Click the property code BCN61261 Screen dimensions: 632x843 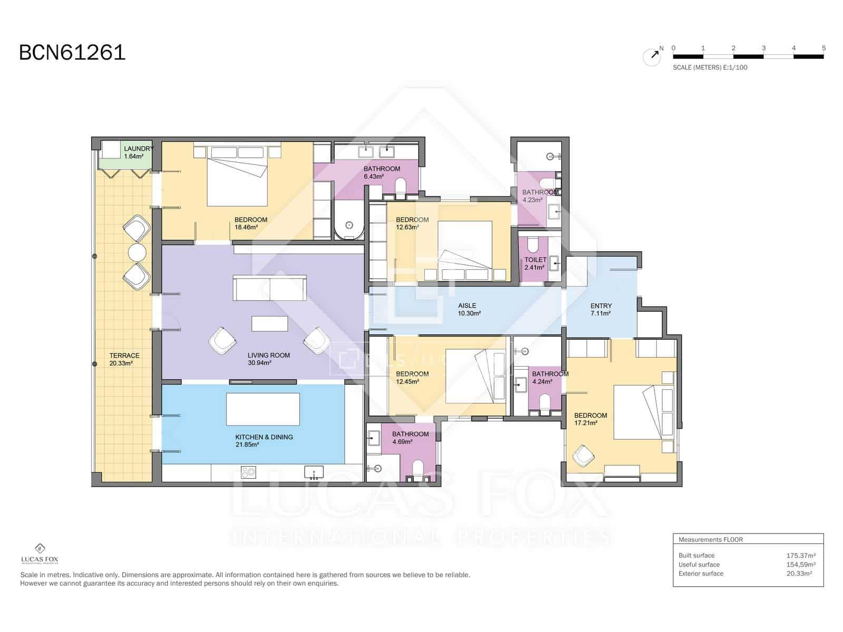click(72, 53)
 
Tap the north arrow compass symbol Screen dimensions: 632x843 click(652, 56)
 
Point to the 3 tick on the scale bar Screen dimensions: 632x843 click(763, 48)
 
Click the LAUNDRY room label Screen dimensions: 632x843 click(138, 152)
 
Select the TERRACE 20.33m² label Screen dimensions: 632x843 click(124, 359)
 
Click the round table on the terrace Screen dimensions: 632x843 click(137, 253)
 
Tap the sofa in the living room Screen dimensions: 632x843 click(270, 289)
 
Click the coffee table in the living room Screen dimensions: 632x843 click(270, 323)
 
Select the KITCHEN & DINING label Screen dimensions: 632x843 click(263, 440)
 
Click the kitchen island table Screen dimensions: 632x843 click(263, 409)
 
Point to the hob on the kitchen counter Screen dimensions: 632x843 click(248, 472)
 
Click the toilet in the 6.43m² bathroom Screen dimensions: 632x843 click(400, 187)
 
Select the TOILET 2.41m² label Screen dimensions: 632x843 click(535, 263)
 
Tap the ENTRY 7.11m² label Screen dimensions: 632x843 click(601, 309)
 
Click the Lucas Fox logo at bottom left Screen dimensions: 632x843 click(40, 553)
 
